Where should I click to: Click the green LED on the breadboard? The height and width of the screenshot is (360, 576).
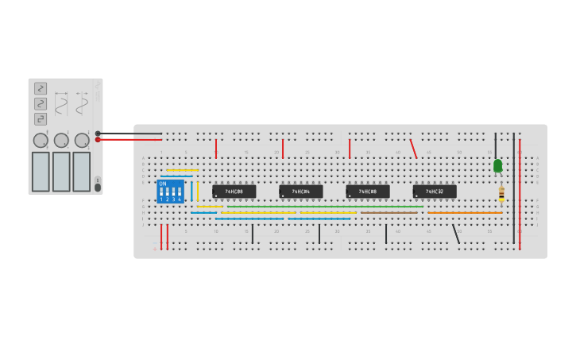[x=498, y=165]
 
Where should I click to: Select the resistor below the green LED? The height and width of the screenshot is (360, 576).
[x=501, y=193]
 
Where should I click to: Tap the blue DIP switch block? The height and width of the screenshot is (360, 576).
[x=171, y=192]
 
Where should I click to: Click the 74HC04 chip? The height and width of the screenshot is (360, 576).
[x=301, y=192]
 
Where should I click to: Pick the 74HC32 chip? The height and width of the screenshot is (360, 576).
[x=435, y=192]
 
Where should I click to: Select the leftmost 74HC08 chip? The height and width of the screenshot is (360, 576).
[x=234, y=192]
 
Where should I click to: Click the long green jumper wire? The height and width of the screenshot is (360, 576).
[x=318, y=207]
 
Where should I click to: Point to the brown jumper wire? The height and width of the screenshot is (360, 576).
[x=389, y=213]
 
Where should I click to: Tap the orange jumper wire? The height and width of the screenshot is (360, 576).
[x=465, y=213]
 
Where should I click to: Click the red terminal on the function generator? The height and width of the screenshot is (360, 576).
[x=98, y=140]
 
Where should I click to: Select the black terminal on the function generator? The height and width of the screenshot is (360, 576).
[x=98, y=134]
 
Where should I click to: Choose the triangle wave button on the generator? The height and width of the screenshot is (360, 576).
[x=41, y=88]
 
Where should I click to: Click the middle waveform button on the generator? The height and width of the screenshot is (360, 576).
[x=41, y=103]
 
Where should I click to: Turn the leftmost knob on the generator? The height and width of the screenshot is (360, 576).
[x=41, y=141]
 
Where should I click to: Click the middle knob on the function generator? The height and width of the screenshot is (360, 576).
[x=61, y=141]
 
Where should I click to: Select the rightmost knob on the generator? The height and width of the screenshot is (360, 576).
[x=82, y=141]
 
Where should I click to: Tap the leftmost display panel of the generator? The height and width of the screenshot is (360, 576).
[x=41, y=172]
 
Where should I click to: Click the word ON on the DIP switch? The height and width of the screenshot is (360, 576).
[x=163, y=184]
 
